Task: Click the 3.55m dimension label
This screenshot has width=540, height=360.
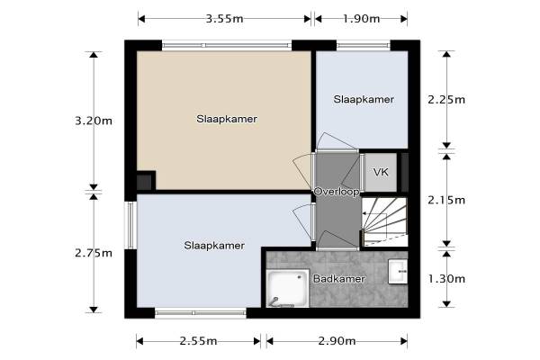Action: [x=224, y=19]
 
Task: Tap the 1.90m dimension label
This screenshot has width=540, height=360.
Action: [x=361, y=19]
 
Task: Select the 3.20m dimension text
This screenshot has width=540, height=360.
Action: [x=94, y=121]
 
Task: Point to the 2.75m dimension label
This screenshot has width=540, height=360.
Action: [x=94, y=253]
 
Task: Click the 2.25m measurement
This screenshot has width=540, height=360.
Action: [x=446, y=100]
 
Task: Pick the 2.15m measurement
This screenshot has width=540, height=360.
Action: [x=446, y=200]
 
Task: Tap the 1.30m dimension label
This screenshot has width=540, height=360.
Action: [x=446, y=279]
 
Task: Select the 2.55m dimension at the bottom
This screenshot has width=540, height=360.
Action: [x=198, y=341]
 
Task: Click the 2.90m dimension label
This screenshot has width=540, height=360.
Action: [x=337, y=341]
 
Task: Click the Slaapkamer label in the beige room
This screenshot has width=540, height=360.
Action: [x=227, y=119]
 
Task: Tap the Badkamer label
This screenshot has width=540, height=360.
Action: [x=339, y=279]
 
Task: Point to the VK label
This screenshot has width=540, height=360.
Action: [x=381, y=172]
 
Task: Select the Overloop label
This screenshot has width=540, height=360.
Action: [x=337, y=192]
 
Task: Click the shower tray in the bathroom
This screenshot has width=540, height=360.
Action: [x=288, y=288]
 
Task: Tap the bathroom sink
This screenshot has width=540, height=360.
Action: [x=398, y=272]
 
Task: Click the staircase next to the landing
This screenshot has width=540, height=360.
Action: [x=384, y=221]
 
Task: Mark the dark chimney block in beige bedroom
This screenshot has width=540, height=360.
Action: [x=144, y=182]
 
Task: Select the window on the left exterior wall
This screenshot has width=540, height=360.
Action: [x=130, y=225]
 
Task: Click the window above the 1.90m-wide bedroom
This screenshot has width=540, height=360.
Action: [x=364, y=45]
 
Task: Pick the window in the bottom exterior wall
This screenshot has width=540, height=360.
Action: [x=201, y=313]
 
